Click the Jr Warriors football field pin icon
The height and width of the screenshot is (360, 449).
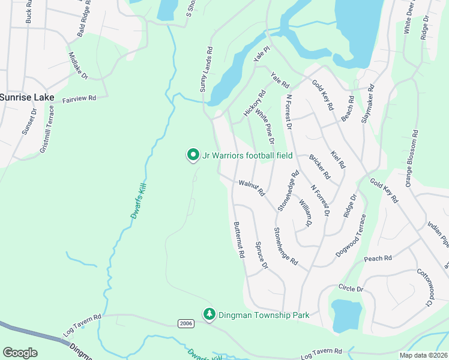193,155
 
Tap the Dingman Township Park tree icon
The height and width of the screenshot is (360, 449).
209,314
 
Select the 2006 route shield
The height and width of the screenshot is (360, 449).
186,323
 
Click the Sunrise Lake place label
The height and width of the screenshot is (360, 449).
27,97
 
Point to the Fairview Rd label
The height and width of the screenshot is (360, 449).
79,98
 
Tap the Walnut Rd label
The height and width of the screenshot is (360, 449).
252,188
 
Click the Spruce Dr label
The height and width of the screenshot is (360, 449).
261,256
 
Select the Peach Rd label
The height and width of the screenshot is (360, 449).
378,259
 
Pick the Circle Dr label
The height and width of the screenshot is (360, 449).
351,289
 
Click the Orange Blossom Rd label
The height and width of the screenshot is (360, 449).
412,158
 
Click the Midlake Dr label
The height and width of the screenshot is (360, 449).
79,65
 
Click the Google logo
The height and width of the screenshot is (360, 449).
20,353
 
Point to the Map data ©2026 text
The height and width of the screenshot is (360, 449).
423,355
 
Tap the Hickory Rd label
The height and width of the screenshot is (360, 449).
254,103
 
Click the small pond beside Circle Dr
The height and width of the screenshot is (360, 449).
346,315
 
